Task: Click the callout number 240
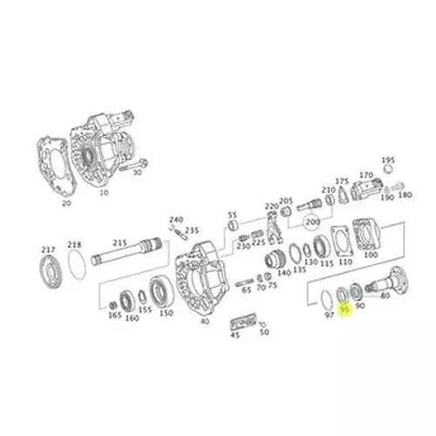175,221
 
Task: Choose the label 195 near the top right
388,160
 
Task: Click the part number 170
366,175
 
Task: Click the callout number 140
284,273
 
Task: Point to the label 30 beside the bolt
137,173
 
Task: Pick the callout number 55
233,215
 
